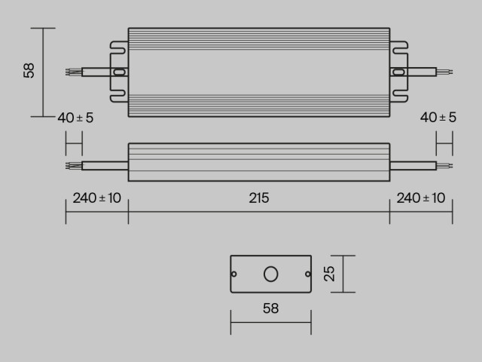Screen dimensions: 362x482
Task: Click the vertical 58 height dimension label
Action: [29, 71]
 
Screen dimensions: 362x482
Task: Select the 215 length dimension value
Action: [259, 198]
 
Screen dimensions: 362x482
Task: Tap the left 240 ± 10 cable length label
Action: [96, 198]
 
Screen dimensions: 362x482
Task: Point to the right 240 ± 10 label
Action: [420, 198]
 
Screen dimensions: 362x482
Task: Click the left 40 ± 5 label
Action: [76, 118]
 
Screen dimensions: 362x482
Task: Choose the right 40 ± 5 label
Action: [438, 118]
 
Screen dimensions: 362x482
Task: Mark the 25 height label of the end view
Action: [329, 274]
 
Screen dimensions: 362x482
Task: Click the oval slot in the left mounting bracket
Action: [118, 72]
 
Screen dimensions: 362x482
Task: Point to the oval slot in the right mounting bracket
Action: [399, 72]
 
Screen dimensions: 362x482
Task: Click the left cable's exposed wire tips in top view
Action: [72, 72]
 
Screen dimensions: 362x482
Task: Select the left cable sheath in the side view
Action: [104, 163]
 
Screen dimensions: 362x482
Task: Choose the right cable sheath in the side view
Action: [413, 163]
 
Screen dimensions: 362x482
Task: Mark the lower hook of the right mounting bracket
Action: [399, 97]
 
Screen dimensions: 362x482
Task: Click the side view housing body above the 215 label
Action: [259, 162]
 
